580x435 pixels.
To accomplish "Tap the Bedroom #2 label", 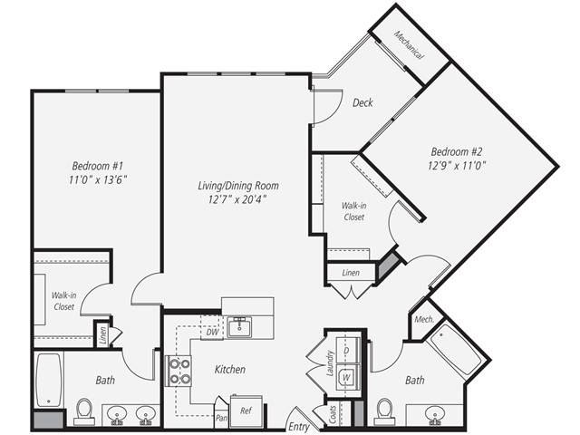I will (x=456, y=150).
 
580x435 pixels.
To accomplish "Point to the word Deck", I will (x=362, y=103).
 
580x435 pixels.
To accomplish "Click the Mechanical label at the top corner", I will (x=409, y=43).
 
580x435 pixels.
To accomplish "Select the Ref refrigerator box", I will (x=246, y=411).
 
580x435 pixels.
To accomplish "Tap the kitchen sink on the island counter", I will (x=239, y=327).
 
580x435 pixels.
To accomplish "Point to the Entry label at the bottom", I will (x=298, y=425).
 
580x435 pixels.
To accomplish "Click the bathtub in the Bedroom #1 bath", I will (x=48, y=380).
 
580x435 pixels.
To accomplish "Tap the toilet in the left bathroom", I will (x=84, y=411).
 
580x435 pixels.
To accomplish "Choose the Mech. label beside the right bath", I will (x=422, y=321).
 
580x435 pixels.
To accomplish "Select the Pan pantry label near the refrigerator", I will (x=220, y=418).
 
